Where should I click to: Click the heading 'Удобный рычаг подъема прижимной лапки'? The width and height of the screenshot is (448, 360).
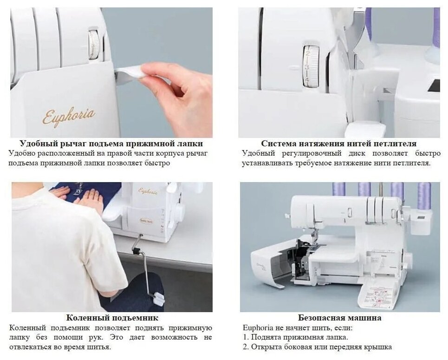[x=111, y=143]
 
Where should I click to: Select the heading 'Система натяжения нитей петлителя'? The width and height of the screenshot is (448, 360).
[x=339, y=143]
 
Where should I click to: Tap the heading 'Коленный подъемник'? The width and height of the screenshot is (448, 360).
[x=112, y=318]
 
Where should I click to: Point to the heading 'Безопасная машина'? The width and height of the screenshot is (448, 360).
[x=339, y=318]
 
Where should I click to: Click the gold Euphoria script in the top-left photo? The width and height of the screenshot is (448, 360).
[x=69, y=116]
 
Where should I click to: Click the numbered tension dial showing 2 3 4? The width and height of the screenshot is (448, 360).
[x=311, y=66]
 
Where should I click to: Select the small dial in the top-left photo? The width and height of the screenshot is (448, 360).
[x=94, y=45]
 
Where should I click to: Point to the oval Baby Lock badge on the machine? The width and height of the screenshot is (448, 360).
[x=146, y=221]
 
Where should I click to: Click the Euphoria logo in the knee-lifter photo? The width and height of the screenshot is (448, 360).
[x=148, y=191]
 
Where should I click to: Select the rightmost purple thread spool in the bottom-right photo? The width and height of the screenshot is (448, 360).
[x=424, y=195]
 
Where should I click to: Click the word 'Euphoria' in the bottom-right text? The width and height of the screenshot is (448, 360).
[x=259, y=328]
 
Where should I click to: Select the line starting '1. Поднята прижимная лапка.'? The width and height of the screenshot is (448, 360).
[x=295, y=337]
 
